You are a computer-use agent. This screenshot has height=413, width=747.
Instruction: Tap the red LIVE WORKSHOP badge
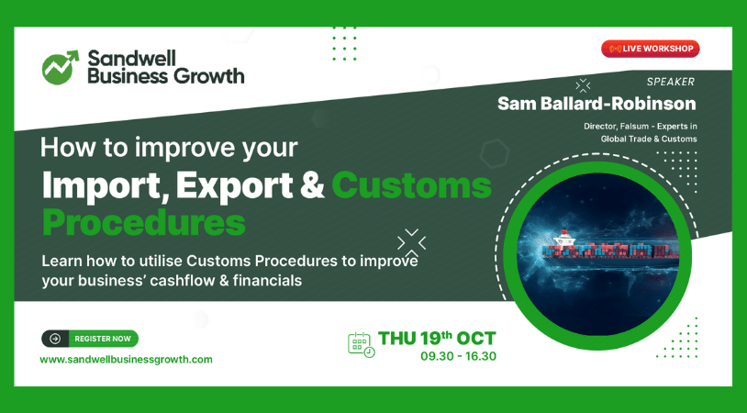(x=650, y=49)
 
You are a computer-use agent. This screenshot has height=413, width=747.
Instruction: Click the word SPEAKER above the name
(x=671, y=82)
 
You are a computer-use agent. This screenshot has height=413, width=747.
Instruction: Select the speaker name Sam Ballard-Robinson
(x=596, y=104)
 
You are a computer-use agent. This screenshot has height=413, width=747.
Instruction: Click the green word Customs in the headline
(x=411, y=185)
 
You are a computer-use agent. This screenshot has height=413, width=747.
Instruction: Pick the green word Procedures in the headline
(x=144, y=222)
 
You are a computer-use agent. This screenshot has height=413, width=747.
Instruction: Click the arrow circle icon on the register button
(x=55, y=339)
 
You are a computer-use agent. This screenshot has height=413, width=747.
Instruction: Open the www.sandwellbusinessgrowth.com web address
(x=126, y=360)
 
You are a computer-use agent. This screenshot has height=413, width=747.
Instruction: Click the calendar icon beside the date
(x=361, y=344)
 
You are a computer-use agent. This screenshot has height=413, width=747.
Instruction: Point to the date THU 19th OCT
(x=437, y=338)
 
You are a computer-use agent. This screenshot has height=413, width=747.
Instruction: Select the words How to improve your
(x=170, y=147)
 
